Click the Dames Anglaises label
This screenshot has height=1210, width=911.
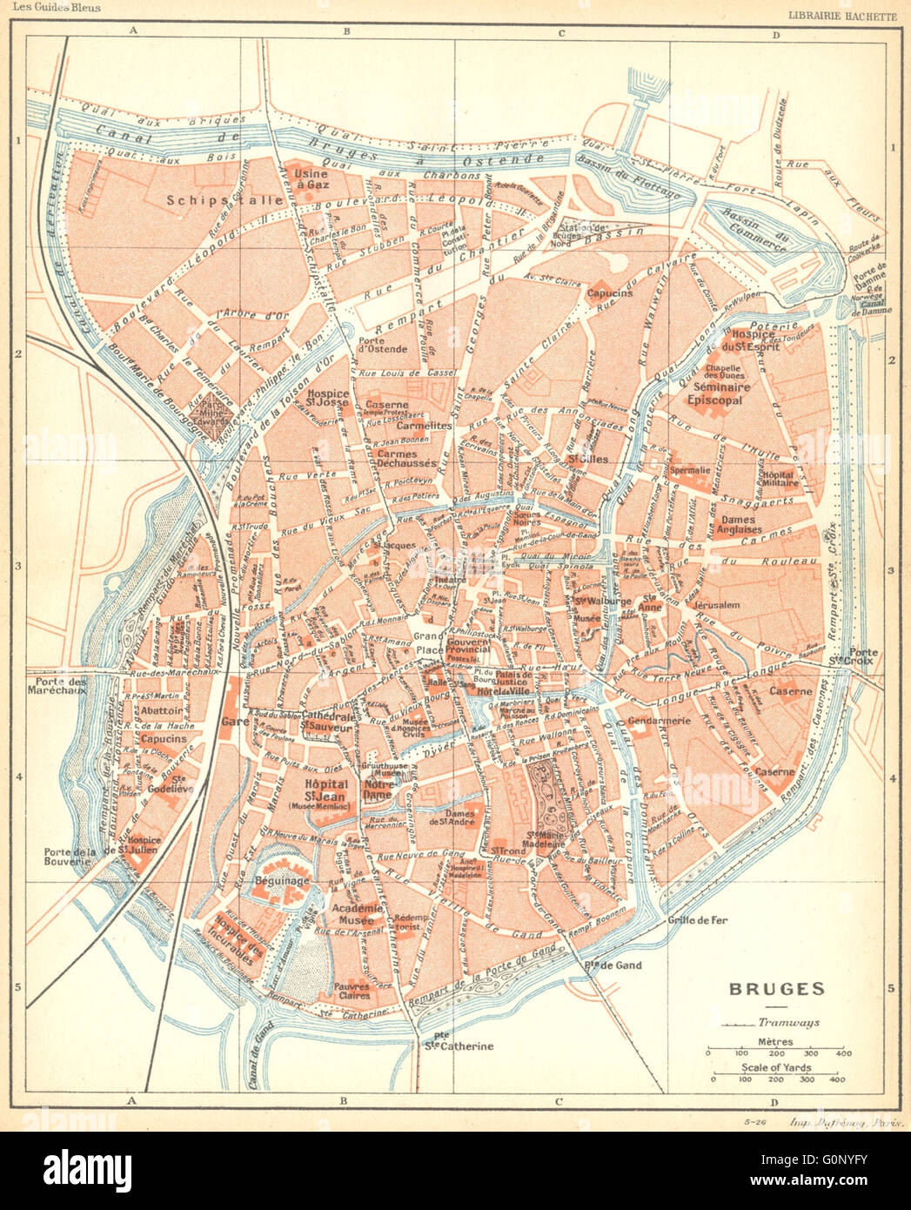click(x=740, y=524)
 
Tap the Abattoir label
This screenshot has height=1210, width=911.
click(x=162, y=709)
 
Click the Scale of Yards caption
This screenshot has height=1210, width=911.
click(x=778, y=1067)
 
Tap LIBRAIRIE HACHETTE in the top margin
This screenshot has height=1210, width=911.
click(x=842, y=13)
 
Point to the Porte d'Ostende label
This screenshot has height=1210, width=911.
click(x=381, y=344)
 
